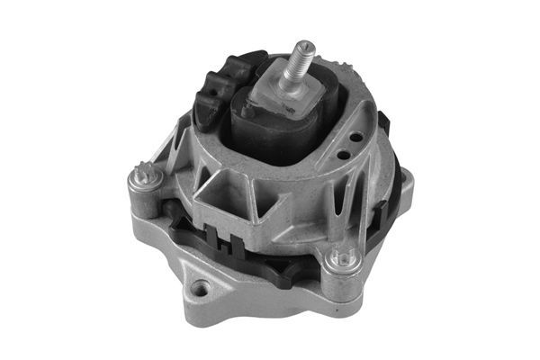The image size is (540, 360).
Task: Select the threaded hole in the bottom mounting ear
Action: click(x=200, y=289)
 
